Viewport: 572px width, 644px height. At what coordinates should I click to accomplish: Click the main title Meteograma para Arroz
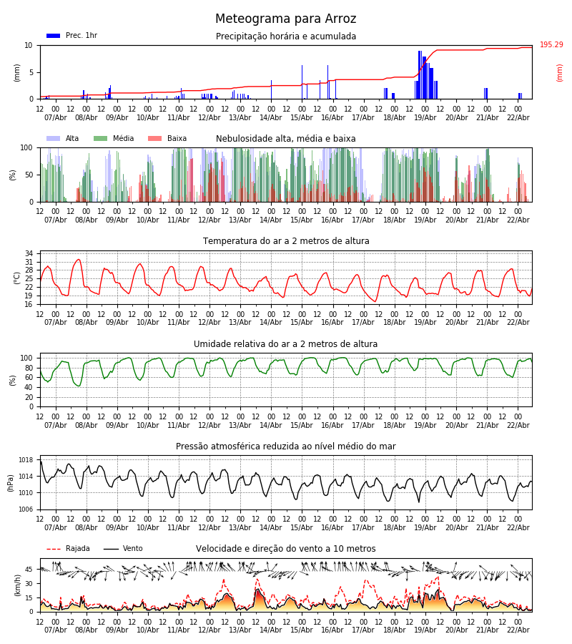tap(285, 19)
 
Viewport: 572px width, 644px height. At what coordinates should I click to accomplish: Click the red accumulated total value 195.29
tap(551, 45)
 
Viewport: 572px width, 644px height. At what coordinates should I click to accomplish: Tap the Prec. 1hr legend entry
tap(72, 36)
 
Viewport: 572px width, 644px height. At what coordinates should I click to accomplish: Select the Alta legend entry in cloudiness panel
tap(64, 139)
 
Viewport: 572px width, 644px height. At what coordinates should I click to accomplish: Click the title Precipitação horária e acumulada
tap(286, 36)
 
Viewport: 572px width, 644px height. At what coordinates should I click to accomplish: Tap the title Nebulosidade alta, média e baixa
tap(286, 139)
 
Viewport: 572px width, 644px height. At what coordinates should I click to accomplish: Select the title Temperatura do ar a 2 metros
tap(286, 241)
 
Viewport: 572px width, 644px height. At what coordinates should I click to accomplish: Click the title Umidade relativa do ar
tap(286, 344)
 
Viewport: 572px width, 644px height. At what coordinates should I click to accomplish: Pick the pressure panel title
tap(286, 447)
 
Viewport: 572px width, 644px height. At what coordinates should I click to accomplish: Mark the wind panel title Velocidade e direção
tap(286, 549)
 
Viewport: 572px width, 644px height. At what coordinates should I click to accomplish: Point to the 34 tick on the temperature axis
tap(29, 254)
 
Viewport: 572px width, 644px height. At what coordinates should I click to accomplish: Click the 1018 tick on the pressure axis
tap(26, 460)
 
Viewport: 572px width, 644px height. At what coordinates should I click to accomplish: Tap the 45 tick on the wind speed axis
tap(29, 570)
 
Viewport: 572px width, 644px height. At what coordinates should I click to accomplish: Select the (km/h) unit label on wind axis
tap(19, 585)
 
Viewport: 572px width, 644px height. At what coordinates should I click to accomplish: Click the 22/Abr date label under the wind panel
tap(518, 630)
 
